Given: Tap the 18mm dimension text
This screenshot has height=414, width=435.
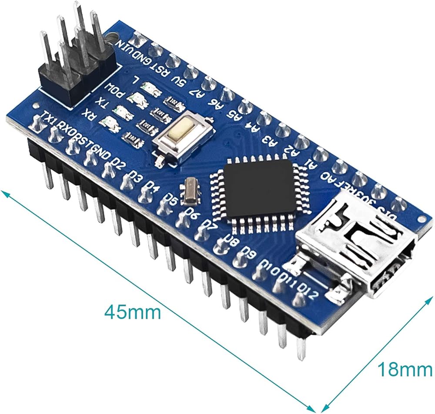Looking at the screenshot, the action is (405, 370).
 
